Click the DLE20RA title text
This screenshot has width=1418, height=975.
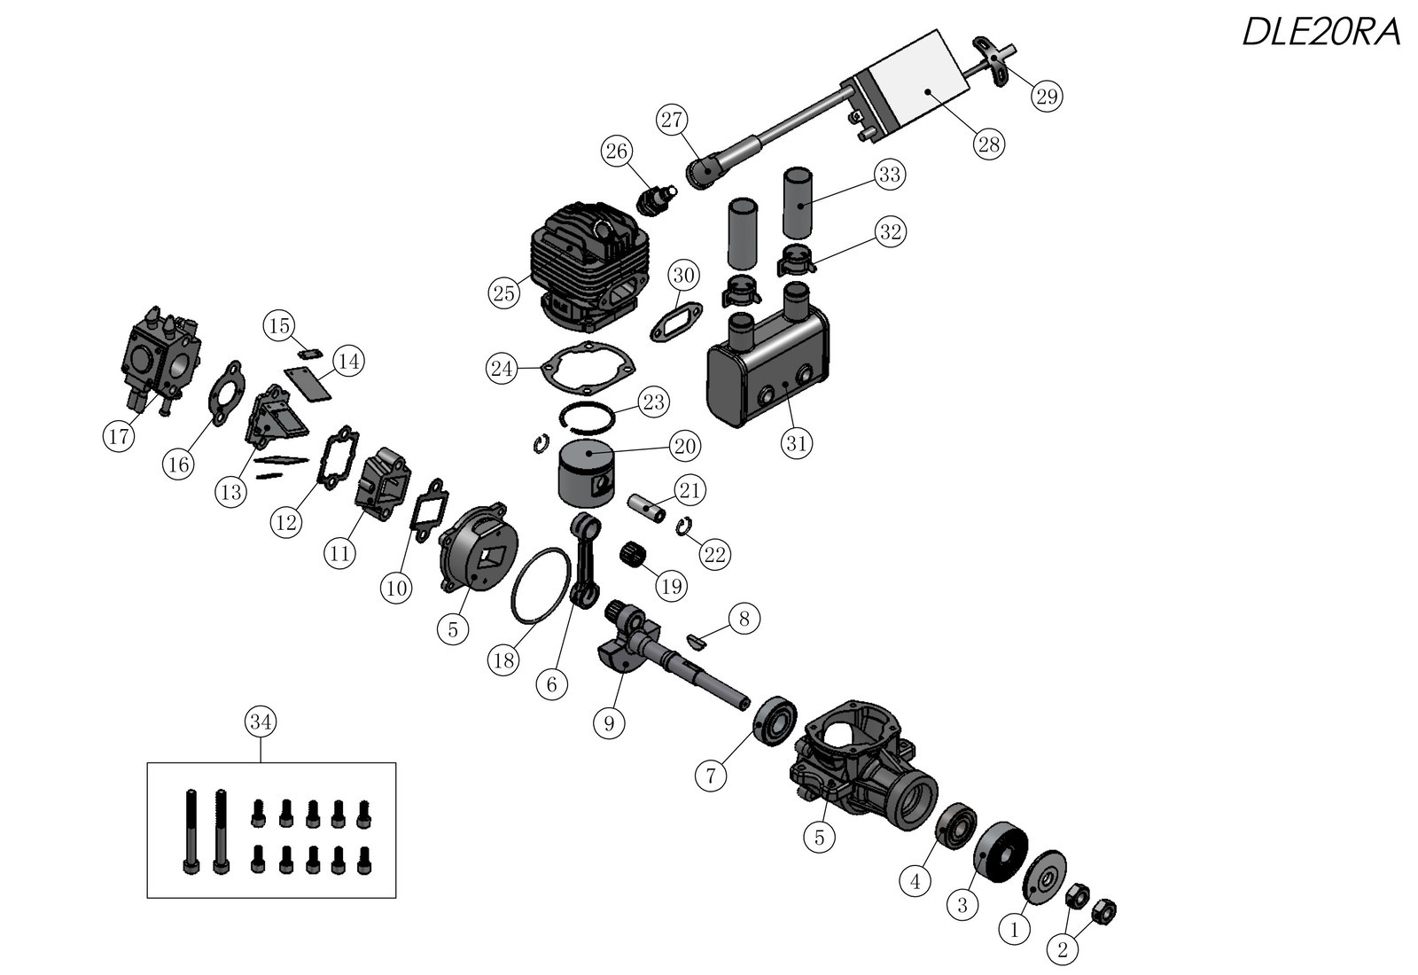coord(1321,33)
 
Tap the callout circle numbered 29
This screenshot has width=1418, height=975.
coord(1047,96)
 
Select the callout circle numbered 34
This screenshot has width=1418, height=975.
coord(261,722)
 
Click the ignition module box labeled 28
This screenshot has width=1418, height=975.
coord(913,84)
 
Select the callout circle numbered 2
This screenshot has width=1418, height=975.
coord(1063,950)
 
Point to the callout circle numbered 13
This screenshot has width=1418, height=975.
coord(231,491)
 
